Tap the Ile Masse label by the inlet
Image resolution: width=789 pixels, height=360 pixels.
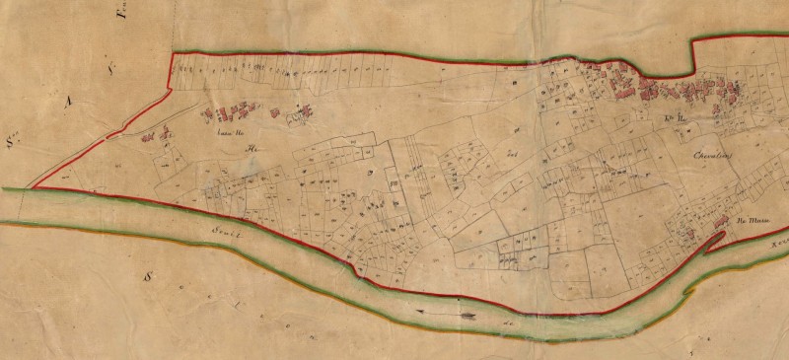click(753, 224)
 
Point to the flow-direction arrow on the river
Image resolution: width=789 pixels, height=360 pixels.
click(447, 314)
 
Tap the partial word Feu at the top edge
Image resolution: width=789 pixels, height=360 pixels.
click(122, 13)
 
